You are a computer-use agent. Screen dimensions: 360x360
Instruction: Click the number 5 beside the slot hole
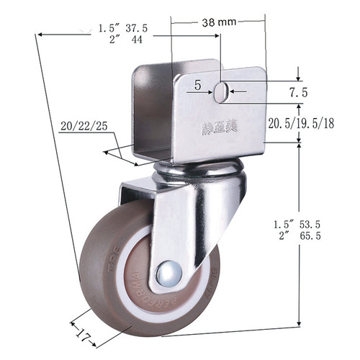[197, 85]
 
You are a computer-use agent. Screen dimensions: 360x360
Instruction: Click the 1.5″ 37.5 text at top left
[123, 28]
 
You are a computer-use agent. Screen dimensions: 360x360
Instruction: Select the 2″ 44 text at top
[123, 40]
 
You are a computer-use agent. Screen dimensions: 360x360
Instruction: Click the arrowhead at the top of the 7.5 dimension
[298, 80]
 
